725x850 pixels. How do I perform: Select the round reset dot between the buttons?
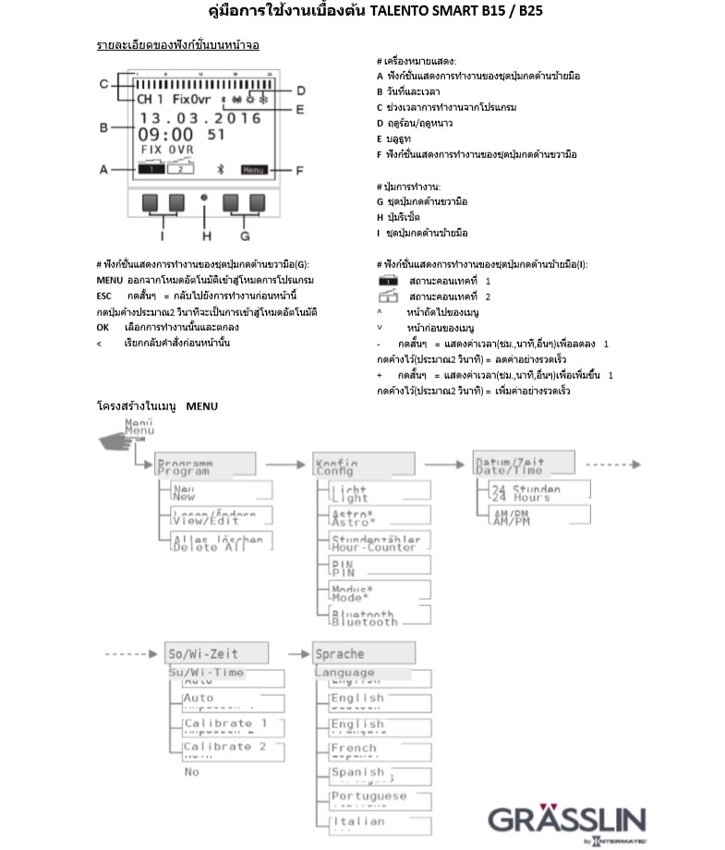(204, 198)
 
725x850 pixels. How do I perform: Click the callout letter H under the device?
(206, 235)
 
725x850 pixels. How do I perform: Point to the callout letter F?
(299, 170)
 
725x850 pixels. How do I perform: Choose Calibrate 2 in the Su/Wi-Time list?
(227, 747)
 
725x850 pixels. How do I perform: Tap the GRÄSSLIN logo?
(567, 820)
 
